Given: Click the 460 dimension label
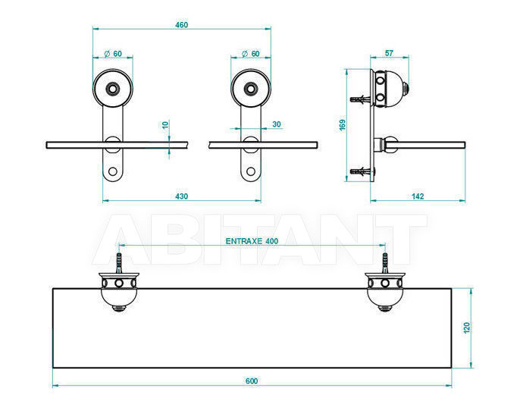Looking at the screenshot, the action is [181, 25].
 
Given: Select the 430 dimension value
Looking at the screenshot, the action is [181, 196].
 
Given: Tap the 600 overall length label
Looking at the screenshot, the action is [252, 381].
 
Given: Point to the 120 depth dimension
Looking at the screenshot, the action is [467, 328].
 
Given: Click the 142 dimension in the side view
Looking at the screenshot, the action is [418, 196].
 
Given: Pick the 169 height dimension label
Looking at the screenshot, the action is [343, 125].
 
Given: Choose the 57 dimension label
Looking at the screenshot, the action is [389, 53].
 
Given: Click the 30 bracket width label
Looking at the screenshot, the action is [277, 124].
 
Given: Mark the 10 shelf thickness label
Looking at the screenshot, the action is [165, 125].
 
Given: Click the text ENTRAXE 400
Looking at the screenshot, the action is [252, 241].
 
